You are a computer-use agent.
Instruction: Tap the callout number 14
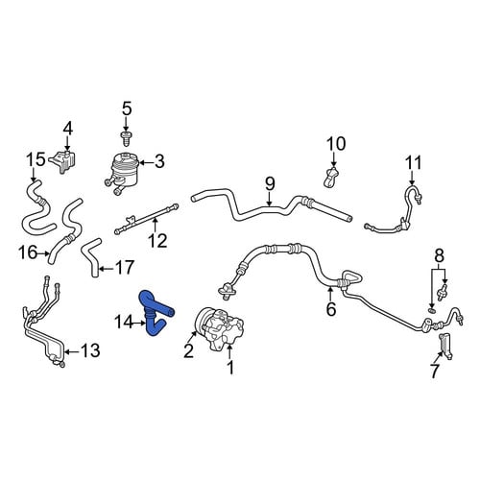tap(124, 323)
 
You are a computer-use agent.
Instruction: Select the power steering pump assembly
tap(219, 328)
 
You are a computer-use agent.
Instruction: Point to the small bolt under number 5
tap(126, 138)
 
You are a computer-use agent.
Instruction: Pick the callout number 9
tap(270, 183)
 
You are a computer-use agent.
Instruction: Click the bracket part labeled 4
tap(64, 161)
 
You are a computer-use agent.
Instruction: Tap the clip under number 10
tap(331, 177)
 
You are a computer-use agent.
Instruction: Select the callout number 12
tap(157, 241)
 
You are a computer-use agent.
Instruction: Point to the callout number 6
tap(331, 309)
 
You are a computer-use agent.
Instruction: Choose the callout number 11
tap(413, 162)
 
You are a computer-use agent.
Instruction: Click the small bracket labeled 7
tap(445, 346)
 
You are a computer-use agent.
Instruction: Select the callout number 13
tap(90, 350)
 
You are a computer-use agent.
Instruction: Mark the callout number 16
tap(28, 252)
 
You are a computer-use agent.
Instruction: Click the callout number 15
tap(36, 159)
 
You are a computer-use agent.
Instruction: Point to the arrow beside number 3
tap(146, 162)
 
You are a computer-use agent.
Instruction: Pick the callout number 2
tap(188, 351)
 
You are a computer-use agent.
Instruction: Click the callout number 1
tap(230, 367)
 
